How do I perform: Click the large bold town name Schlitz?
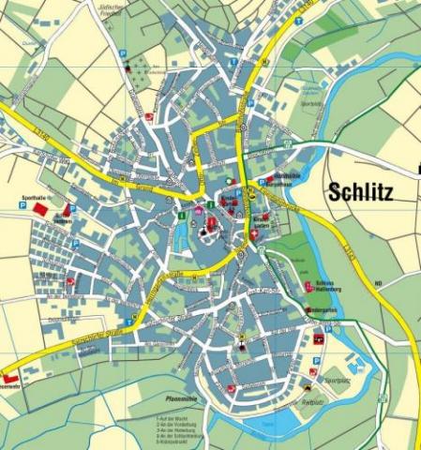(361, 192)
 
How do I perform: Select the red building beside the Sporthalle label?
(40, 211)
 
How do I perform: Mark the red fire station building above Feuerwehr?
(9, 373)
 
